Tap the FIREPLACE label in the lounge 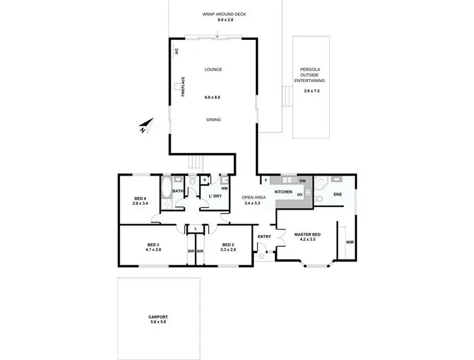(x=183, y=87)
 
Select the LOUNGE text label (x=213, y=69)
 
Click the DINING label (x=213, y=119)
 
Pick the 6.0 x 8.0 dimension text (x=213, y=97)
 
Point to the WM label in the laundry (x=224, y=188)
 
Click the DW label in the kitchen (x=303, y=181)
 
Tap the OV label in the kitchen (x=300, y=195)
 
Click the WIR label (x=349, y=243)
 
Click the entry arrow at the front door (x=262, y=256)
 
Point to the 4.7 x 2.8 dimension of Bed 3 (x=154, y=250)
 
